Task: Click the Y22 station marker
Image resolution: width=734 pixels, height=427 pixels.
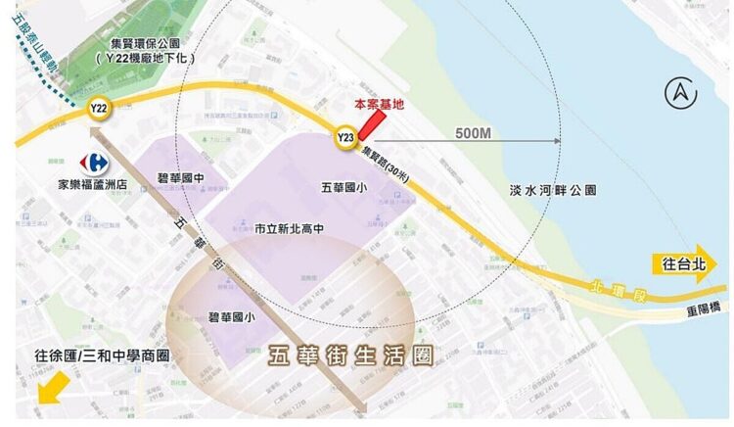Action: coord(98,109)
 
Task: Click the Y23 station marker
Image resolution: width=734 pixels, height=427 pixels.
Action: coord(344,137)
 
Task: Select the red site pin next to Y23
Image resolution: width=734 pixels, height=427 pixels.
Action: coord(372,125)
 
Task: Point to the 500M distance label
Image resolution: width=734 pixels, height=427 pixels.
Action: coord(473,132)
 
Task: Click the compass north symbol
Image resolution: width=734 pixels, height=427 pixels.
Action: coord(678,94)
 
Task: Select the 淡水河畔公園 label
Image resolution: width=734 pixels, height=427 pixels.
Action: coord(554,190)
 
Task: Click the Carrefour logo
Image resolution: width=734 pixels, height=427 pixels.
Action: coord(95,162)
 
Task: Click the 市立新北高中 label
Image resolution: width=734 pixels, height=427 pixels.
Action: coord(290,228)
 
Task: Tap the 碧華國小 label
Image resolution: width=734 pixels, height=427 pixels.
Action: coord(232,316)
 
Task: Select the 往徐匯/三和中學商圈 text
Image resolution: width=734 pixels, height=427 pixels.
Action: coord(102,356)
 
